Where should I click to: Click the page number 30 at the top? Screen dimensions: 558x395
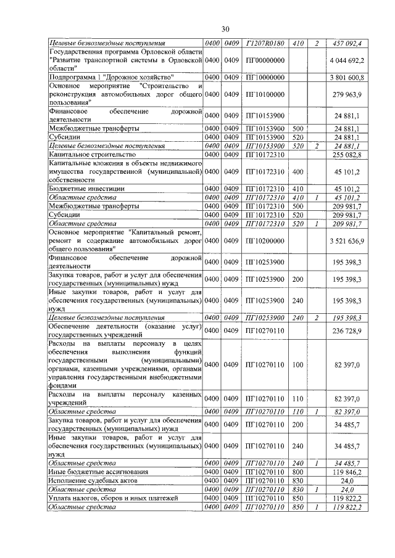coord(226,29)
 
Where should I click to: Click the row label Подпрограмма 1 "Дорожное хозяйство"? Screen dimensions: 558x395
coord(97,77)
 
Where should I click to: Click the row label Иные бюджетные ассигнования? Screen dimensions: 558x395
coord(94,470)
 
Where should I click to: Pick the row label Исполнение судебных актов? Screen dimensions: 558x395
coord(93,479)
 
